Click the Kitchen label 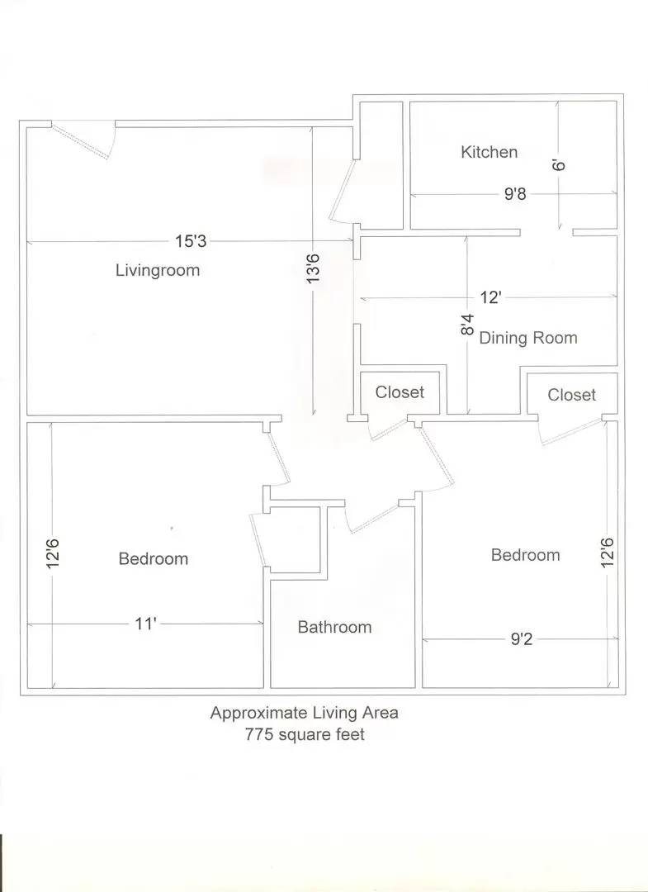coord(489,152)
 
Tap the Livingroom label coord(158,269)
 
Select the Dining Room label coord(528,338)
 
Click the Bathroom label coord(334,627)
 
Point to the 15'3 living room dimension coord(191,241)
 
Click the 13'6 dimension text coord(313,268)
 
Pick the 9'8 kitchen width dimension coord(515,194)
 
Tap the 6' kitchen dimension coord(559,165)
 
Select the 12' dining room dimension coord(490,297)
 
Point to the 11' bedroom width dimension coord(145,624)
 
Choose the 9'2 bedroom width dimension coord(521,639)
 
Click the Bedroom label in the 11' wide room coord(154,558)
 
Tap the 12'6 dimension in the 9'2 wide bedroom coord(607,553)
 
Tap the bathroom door coord(373,517)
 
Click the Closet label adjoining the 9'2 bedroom coord(571,395)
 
